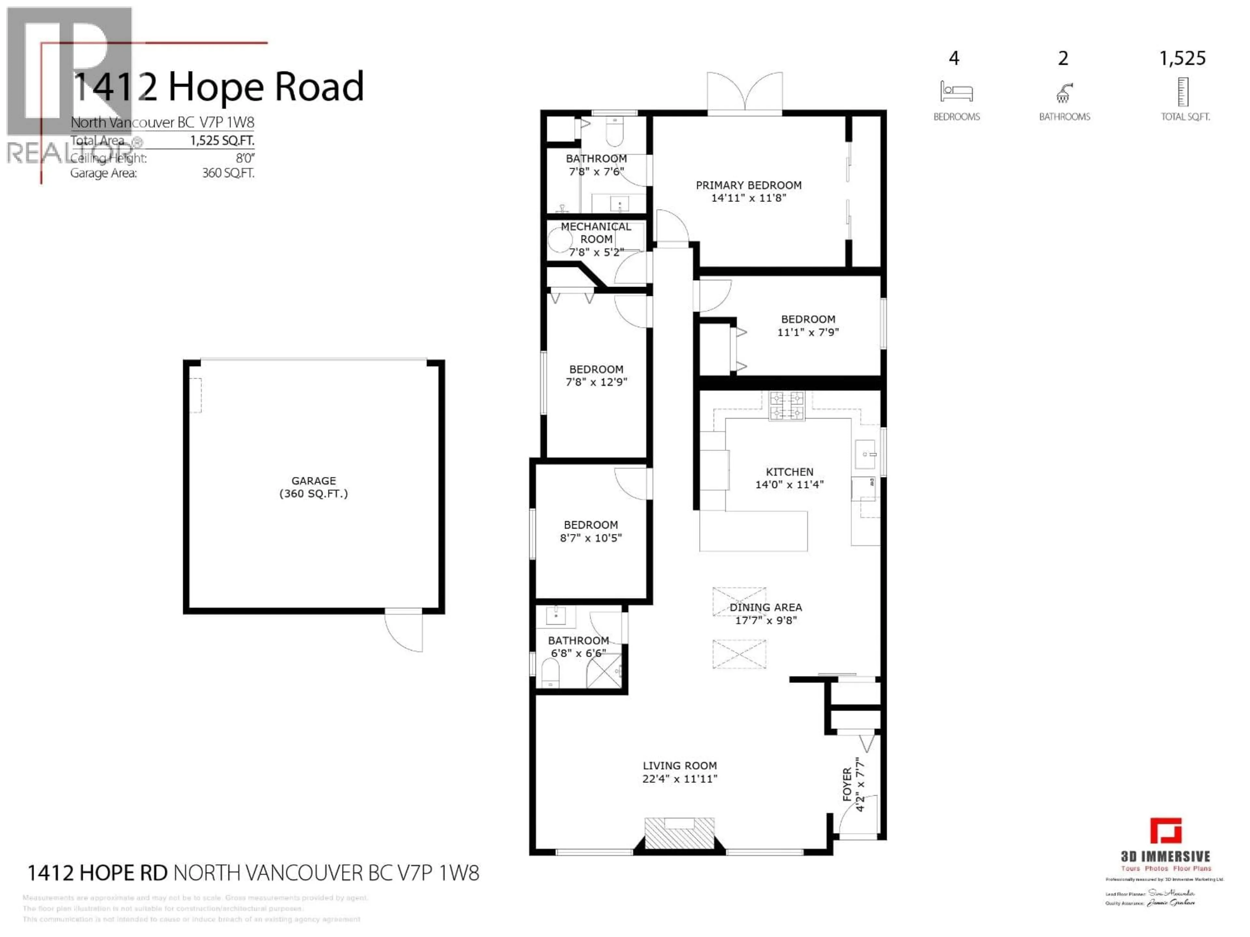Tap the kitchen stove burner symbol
[786, 406]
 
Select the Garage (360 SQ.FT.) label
[313, 487]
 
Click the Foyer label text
[847, 784]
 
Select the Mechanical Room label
[596, 233]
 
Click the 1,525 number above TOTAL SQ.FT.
[1182, 58]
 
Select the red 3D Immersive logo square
[1166, 831]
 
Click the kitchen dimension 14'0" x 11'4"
[789, 484]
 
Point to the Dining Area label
[765, 607]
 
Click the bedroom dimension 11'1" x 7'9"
[808, 333]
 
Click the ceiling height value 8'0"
[245, 158]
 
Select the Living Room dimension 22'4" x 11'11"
[679, 779]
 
